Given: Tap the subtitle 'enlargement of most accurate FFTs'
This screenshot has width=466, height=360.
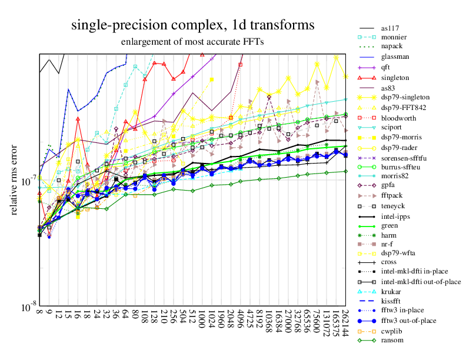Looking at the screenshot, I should coord(192,42).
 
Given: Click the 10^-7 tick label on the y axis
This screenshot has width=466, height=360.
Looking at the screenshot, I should coord(28,179).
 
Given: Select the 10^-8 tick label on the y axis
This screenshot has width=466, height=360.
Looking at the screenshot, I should coord(28,307).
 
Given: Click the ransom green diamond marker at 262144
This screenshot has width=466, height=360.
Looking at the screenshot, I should coord(345,171).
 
